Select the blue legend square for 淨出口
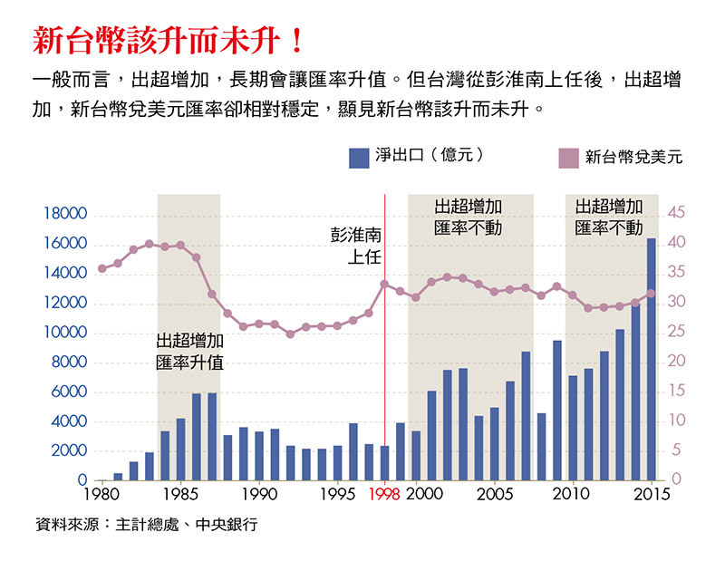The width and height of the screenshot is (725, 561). pos(357,158)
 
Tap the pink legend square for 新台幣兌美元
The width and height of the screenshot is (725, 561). pos(566,158)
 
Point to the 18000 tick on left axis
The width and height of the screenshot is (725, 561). pos(64,214)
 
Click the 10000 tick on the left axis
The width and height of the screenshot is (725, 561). pos(64,333)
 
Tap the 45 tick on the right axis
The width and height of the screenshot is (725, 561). pos(679,214)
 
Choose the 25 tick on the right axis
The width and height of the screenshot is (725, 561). pos(679,333)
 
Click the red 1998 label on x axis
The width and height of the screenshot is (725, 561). pos(384,495)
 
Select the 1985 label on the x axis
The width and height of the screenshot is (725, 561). pos(180,495)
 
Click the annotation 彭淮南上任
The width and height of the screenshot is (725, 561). pos(356,246)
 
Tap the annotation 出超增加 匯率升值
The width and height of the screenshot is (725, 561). pos(189,352)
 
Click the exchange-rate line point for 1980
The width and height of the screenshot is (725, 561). pos(101,268)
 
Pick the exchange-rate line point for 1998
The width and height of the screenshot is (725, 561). pos(384,285)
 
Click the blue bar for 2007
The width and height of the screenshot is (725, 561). pos(526,415)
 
